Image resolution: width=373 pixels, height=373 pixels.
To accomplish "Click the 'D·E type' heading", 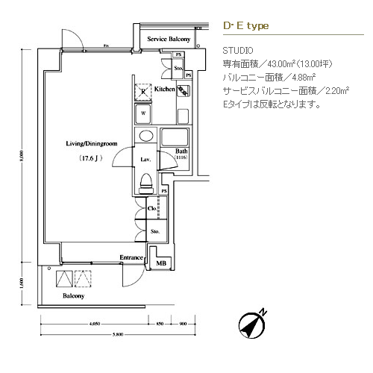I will (x=245, y=25).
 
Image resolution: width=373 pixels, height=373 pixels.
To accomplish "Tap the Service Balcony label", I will (x=169, y=38).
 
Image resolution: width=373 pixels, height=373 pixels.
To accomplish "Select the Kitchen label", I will (x=164, y=90).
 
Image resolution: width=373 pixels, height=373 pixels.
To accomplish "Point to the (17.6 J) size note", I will (x=91, y=159).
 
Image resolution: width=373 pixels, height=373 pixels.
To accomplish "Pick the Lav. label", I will (x=146, y=160).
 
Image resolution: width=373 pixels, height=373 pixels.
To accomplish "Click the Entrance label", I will (x=132, y=258).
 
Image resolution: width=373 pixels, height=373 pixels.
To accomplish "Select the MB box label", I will (x=161, y=264).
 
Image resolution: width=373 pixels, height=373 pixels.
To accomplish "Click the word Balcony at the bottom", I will (x=73, y=296).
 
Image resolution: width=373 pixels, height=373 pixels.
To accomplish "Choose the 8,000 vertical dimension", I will (x=22, y=159).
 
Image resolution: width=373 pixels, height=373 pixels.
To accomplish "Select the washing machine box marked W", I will (x=144, y=115).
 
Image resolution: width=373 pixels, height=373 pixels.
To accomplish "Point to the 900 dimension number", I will (x=183, y=325).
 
